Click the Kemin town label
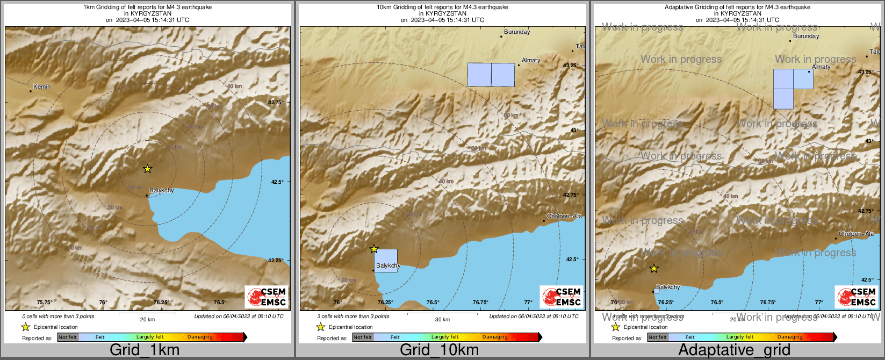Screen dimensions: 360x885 point(42,87)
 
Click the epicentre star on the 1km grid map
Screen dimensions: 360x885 point(148,169)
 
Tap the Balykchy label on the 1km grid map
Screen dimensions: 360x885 point(162,190)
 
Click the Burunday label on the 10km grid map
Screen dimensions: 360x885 point(517,32)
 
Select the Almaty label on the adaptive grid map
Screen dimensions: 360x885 point(821,67)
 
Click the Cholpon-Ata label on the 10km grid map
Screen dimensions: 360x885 point(564,217)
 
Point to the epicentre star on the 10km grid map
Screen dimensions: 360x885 point(374,249)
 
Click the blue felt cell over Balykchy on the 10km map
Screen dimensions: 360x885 point(386,260)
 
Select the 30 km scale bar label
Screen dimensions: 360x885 point(442,320)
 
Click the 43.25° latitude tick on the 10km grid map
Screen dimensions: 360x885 point(570,65)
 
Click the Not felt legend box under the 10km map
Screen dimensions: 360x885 point(363,337)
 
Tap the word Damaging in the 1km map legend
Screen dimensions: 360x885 point(200,337)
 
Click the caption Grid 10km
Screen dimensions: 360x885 point(439,350)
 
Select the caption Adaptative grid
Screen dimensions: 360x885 point(734,350)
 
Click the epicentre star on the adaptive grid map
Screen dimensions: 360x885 point(653,268)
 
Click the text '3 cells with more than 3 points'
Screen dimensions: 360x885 point(353,316)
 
